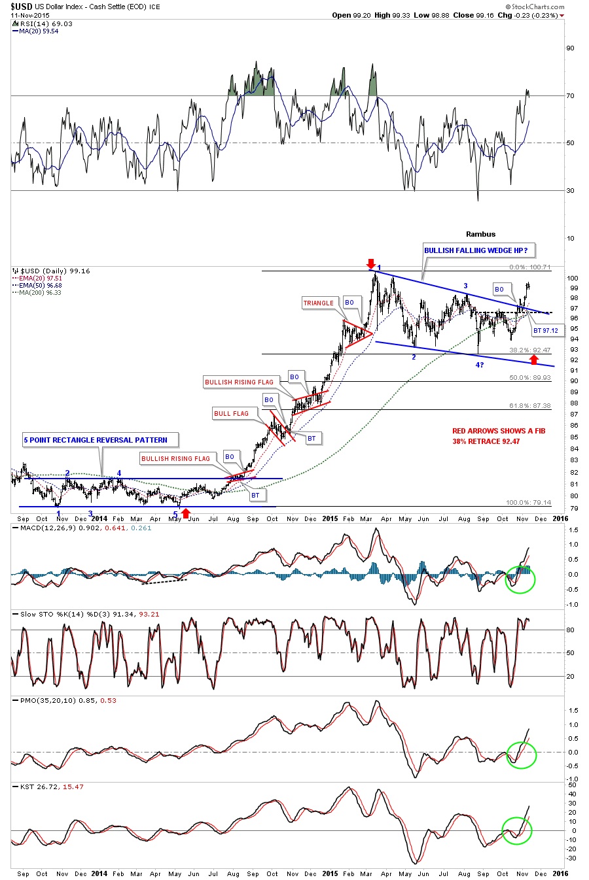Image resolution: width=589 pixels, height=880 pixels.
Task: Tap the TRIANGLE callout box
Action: point(318,303)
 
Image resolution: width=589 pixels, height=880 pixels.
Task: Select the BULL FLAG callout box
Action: point(231,413)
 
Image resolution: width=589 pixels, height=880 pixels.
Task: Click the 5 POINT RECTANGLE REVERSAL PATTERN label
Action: point(96,440)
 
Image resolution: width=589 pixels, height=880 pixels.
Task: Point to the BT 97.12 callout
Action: point(545,330)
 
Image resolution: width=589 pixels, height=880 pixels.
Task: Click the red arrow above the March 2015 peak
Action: point(370,263)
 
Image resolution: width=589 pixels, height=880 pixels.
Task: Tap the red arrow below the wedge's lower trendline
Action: point(534,359)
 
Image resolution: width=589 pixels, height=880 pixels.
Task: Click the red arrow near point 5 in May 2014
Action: point(185,513)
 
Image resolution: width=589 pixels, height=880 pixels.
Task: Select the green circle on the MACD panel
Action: point(521,579)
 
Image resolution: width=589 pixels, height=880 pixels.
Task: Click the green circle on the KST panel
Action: point(516,830)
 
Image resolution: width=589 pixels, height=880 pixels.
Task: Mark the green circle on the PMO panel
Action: point(521,755)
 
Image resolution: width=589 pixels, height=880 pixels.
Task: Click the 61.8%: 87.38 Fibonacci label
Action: point(530,406)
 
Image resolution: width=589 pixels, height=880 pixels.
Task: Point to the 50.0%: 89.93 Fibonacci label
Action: point(530,378)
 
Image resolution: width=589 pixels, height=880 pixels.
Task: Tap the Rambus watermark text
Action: point(480,234)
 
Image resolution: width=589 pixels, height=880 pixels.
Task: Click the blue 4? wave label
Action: point(480,365)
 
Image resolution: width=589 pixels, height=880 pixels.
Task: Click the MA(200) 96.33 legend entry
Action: point(40,292)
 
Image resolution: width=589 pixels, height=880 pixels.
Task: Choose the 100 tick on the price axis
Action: point(571,278)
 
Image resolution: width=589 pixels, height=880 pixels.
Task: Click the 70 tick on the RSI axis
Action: point(571,95)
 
